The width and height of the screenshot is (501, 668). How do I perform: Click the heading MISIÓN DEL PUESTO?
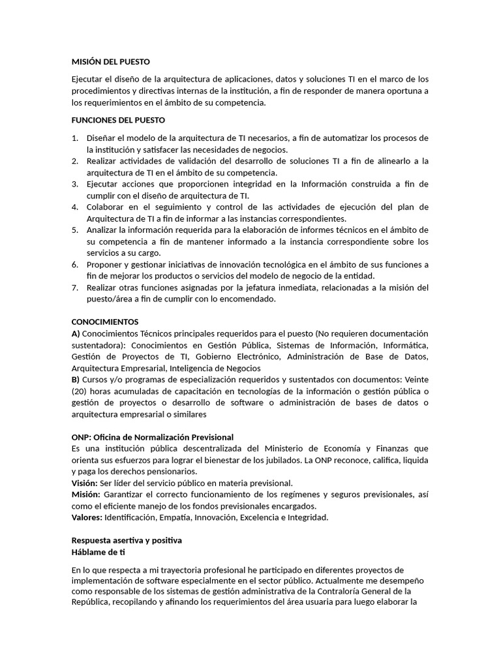110,62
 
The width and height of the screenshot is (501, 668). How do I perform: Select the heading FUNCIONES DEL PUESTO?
118,120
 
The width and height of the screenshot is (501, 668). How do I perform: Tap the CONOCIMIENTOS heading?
104,322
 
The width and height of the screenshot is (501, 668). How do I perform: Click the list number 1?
74,138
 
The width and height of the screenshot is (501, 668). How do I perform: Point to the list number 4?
74,207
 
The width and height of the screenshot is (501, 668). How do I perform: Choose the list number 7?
74,288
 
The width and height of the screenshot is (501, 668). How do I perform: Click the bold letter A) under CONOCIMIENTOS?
76,333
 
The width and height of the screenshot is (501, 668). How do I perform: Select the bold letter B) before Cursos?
76,379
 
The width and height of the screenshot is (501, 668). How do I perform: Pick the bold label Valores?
87,517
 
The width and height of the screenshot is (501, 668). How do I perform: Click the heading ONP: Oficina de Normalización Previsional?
152,436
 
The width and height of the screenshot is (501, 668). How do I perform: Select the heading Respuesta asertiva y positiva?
127,541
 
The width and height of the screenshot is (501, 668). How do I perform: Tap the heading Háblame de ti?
98,552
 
